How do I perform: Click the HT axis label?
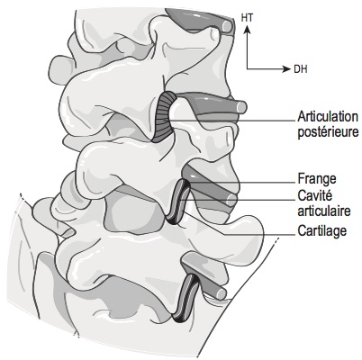(247, 18)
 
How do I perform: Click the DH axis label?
(301, 69)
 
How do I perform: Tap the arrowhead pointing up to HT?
(247, 30)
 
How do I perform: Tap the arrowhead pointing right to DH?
(286, 69)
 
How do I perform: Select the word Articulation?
(328, 117)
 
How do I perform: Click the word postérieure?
(328, 132)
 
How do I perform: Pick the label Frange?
(317, 179)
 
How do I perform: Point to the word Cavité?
(315, 195)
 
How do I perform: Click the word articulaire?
(324, 211)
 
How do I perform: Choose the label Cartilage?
(322, 231)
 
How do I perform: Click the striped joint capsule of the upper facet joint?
(164, 117)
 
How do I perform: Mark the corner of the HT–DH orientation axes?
(247, 69)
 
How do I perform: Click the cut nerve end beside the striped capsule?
(241, 107)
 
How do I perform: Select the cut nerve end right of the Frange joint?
(231, 200)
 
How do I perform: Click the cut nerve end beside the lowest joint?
(222, 294)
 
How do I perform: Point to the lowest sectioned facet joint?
(186, 298)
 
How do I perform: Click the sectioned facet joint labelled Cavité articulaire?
(179, 202)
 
